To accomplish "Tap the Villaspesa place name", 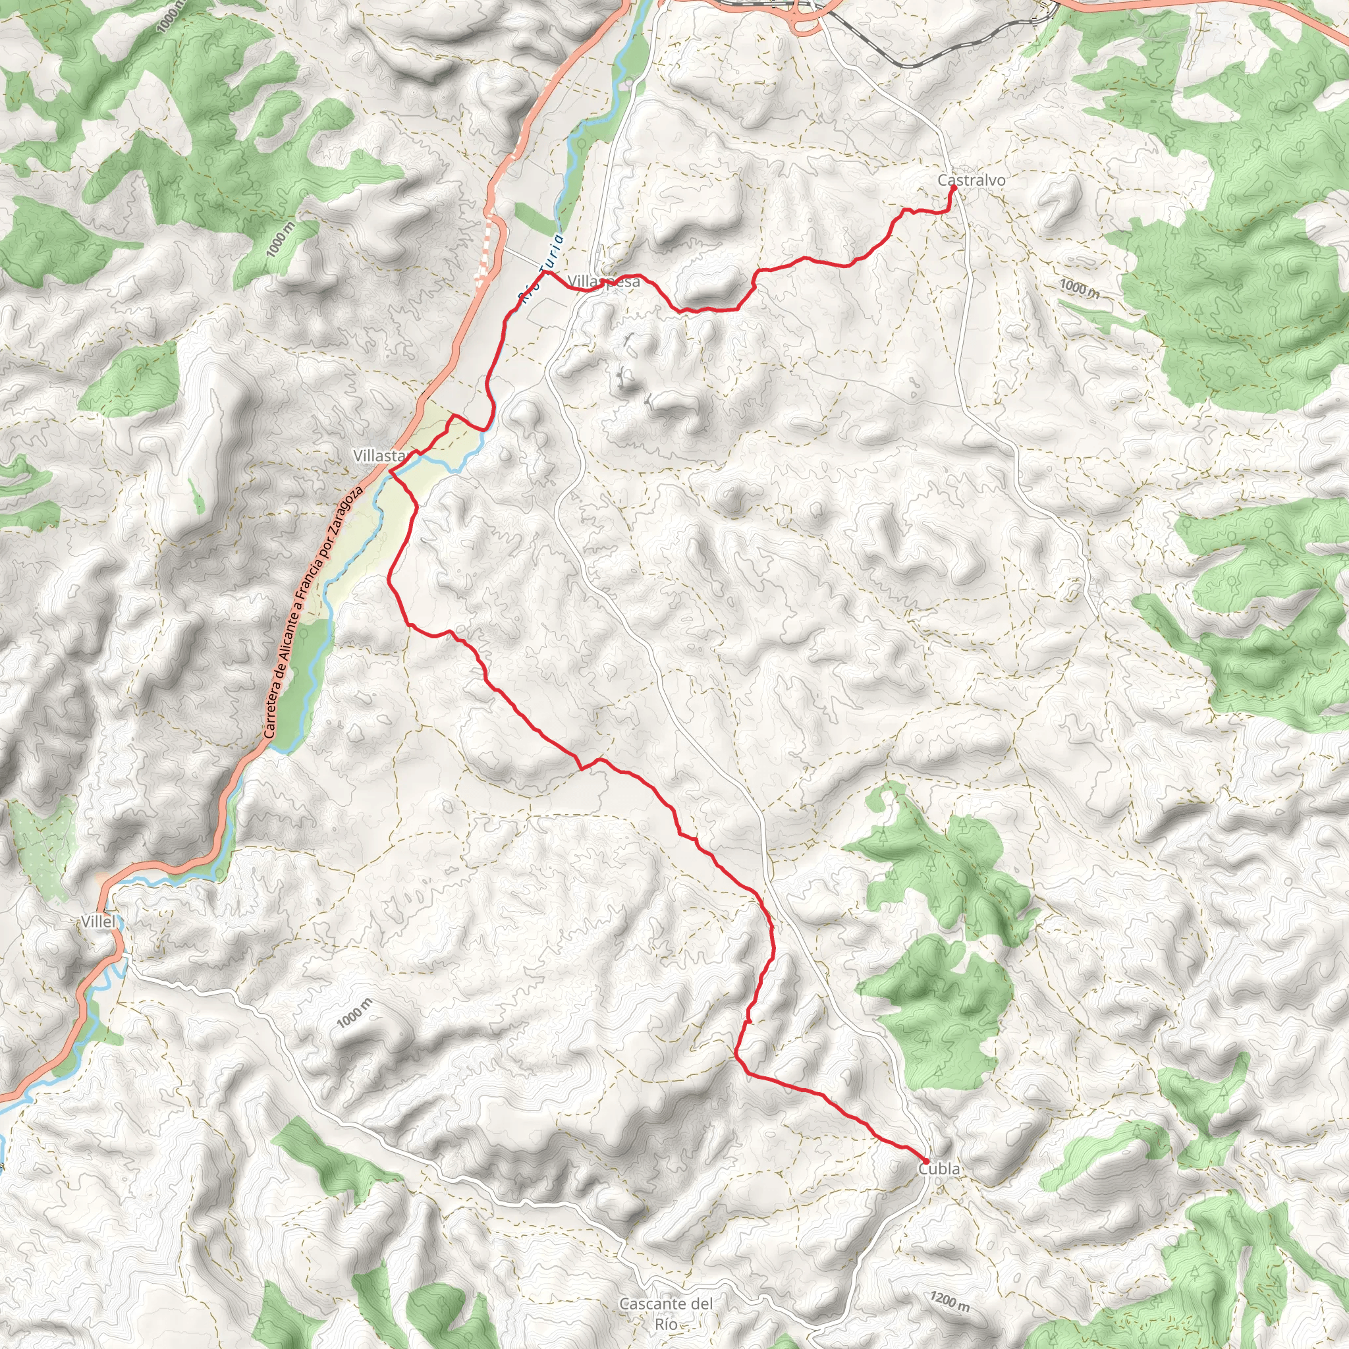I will pyautogui.click(x=603, y=282).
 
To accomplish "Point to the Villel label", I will pyautogui.click(x=97, y=922).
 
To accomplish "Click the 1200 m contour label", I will pyautogui.click(x=950, y=1301).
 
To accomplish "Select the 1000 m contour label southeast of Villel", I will pyautogui.click(x=355, y=1013).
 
